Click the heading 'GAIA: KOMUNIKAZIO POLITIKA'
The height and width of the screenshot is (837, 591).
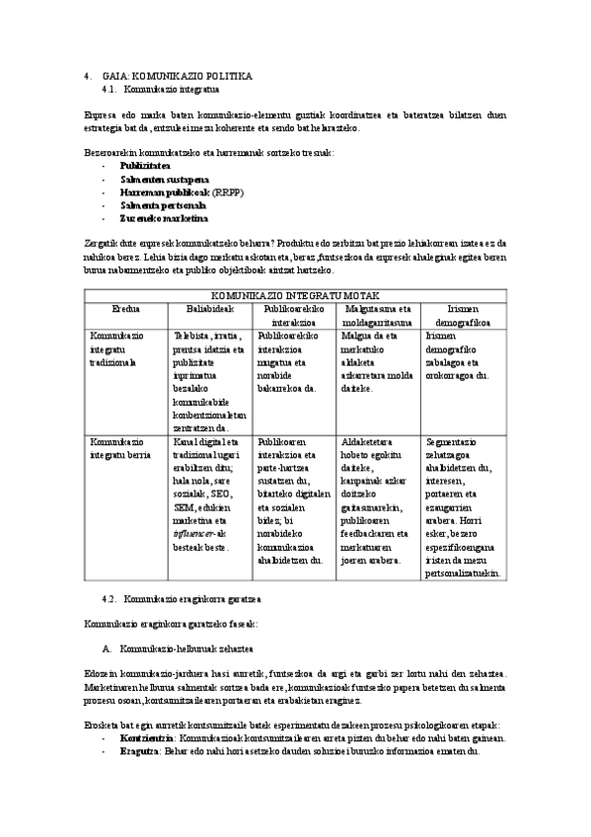178,75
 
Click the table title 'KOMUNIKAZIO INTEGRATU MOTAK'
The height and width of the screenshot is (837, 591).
294,295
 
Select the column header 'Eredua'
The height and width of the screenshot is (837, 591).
126,309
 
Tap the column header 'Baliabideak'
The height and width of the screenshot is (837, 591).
209,309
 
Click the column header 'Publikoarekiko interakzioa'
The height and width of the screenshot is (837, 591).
294,315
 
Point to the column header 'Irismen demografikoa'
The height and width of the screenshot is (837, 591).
464,315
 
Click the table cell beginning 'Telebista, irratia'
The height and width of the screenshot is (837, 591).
209,381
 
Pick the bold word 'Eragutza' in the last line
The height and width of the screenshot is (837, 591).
140,751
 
